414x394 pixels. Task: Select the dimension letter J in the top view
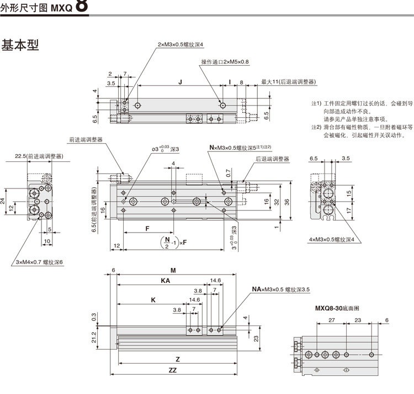180,82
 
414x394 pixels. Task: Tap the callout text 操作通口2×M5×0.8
225,61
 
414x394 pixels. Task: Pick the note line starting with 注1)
362,103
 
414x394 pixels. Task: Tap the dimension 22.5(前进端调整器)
38,156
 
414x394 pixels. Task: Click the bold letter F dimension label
147,228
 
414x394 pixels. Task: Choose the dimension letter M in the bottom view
173,271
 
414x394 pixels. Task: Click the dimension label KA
165,281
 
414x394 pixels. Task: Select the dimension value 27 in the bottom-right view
331,321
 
